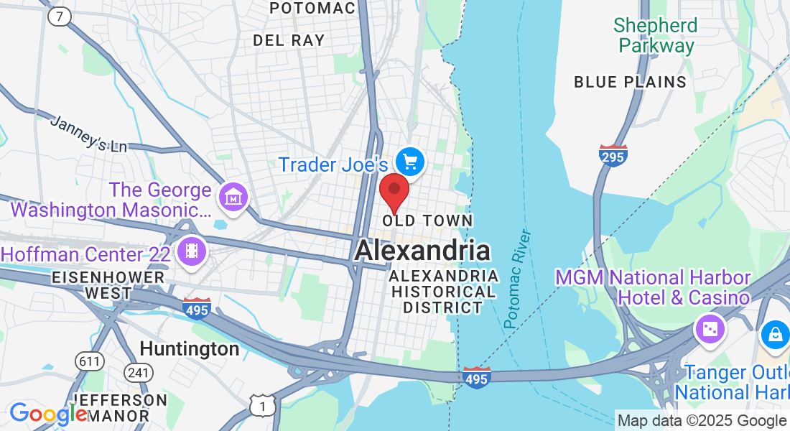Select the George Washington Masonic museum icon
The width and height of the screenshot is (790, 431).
tap(234, 195)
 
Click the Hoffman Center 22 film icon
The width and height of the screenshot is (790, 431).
tap(192, 251)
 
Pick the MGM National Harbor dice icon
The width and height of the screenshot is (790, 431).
tap(710, 329)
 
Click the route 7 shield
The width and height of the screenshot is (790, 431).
tap(60, 17)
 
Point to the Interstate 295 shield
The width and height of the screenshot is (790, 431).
tap(613, 155)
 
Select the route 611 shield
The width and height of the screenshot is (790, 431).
tap(90, 361)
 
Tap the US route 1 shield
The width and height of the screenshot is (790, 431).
tap(263, 406)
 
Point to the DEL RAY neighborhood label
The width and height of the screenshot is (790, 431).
tap(289, 40)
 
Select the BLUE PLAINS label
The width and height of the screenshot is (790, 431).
tap(630, 82)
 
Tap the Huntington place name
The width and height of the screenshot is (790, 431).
tap(190, 349)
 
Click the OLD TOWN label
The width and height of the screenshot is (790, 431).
tap(428, 221)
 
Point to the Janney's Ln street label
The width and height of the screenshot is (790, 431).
tap(88, 134)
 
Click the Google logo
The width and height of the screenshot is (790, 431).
tap(47, 413)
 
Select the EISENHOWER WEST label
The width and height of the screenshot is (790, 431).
tap(108, 285)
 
